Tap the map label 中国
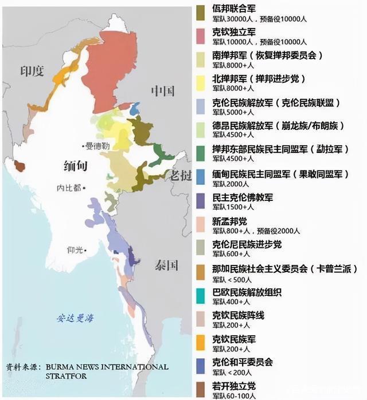pos(162,91)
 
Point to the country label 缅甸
pos(76,166)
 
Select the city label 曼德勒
pos(97,146)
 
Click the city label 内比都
pos(69,187)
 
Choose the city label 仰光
pos(76,249)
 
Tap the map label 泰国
pos(166,265)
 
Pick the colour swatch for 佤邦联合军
pos(201,11)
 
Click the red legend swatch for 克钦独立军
pos(201,36)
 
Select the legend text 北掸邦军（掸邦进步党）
pos(251,78)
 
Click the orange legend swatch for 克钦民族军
pos(201,341)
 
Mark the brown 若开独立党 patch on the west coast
pos(20,166)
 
